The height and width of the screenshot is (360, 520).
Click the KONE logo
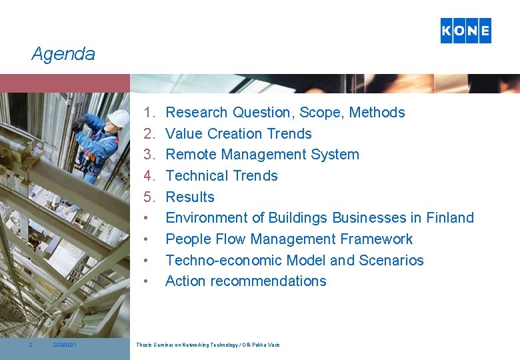click(x=465, y=31)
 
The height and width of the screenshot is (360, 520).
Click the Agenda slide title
click(x=63, y=54)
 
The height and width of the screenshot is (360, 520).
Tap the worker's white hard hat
click(x=119, y=119)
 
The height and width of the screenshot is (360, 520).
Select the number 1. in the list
click(x=149, y=113)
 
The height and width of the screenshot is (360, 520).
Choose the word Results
click(x=190, y=197)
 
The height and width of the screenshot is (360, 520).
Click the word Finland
click(x=450, y=218)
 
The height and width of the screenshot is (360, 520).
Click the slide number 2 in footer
click(x=30, y=345)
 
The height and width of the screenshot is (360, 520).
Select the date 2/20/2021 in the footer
click(x=65, y=345)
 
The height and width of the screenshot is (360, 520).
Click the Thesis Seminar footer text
click(x=208, y=345)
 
